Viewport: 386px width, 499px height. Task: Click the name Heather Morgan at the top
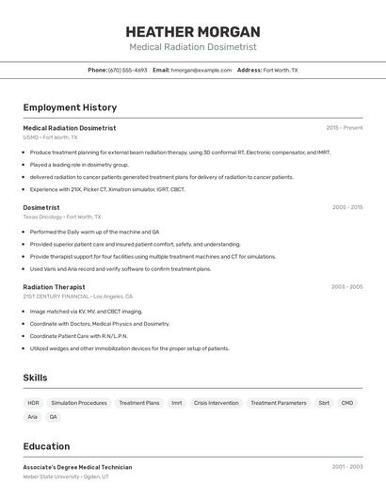click(192, 31)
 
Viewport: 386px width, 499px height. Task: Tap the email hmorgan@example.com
click(200, 70)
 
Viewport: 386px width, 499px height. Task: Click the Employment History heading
click(70, 107)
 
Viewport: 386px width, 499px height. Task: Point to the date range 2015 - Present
click(344, 127)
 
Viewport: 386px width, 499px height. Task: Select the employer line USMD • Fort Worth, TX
click(50, 137)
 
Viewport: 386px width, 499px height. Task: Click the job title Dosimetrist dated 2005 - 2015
click(41, 207)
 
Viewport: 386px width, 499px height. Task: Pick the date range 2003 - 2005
click(346, 286)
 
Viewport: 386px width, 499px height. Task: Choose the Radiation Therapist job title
click(54, 286)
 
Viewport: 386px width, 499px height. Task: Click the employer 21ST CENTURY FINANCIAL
click(56, 297)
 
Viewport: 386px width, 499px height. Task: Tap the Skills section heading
click(36, 378)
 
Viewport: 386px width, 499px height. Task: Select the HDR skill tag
click(33, 403)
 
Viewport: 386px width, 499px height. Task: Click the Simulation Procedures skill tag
click(79, 403)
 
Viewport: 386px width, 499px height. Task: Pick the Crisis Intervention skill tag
click(216, 403)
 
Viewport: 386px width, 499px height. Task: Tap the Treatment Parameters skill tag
click(278, 403)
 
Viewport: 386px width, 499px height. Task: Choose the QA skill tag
click(54, 416)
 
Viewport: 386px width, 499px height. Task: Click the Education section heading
click(46, 446)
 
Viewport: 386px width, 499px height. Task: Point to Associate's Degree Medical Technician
click(77, 467)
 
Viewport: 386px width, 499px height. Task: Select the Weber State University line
click(66, 477)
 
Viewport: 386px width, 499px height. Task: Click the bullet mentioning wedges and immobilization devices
click(129, 348)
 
